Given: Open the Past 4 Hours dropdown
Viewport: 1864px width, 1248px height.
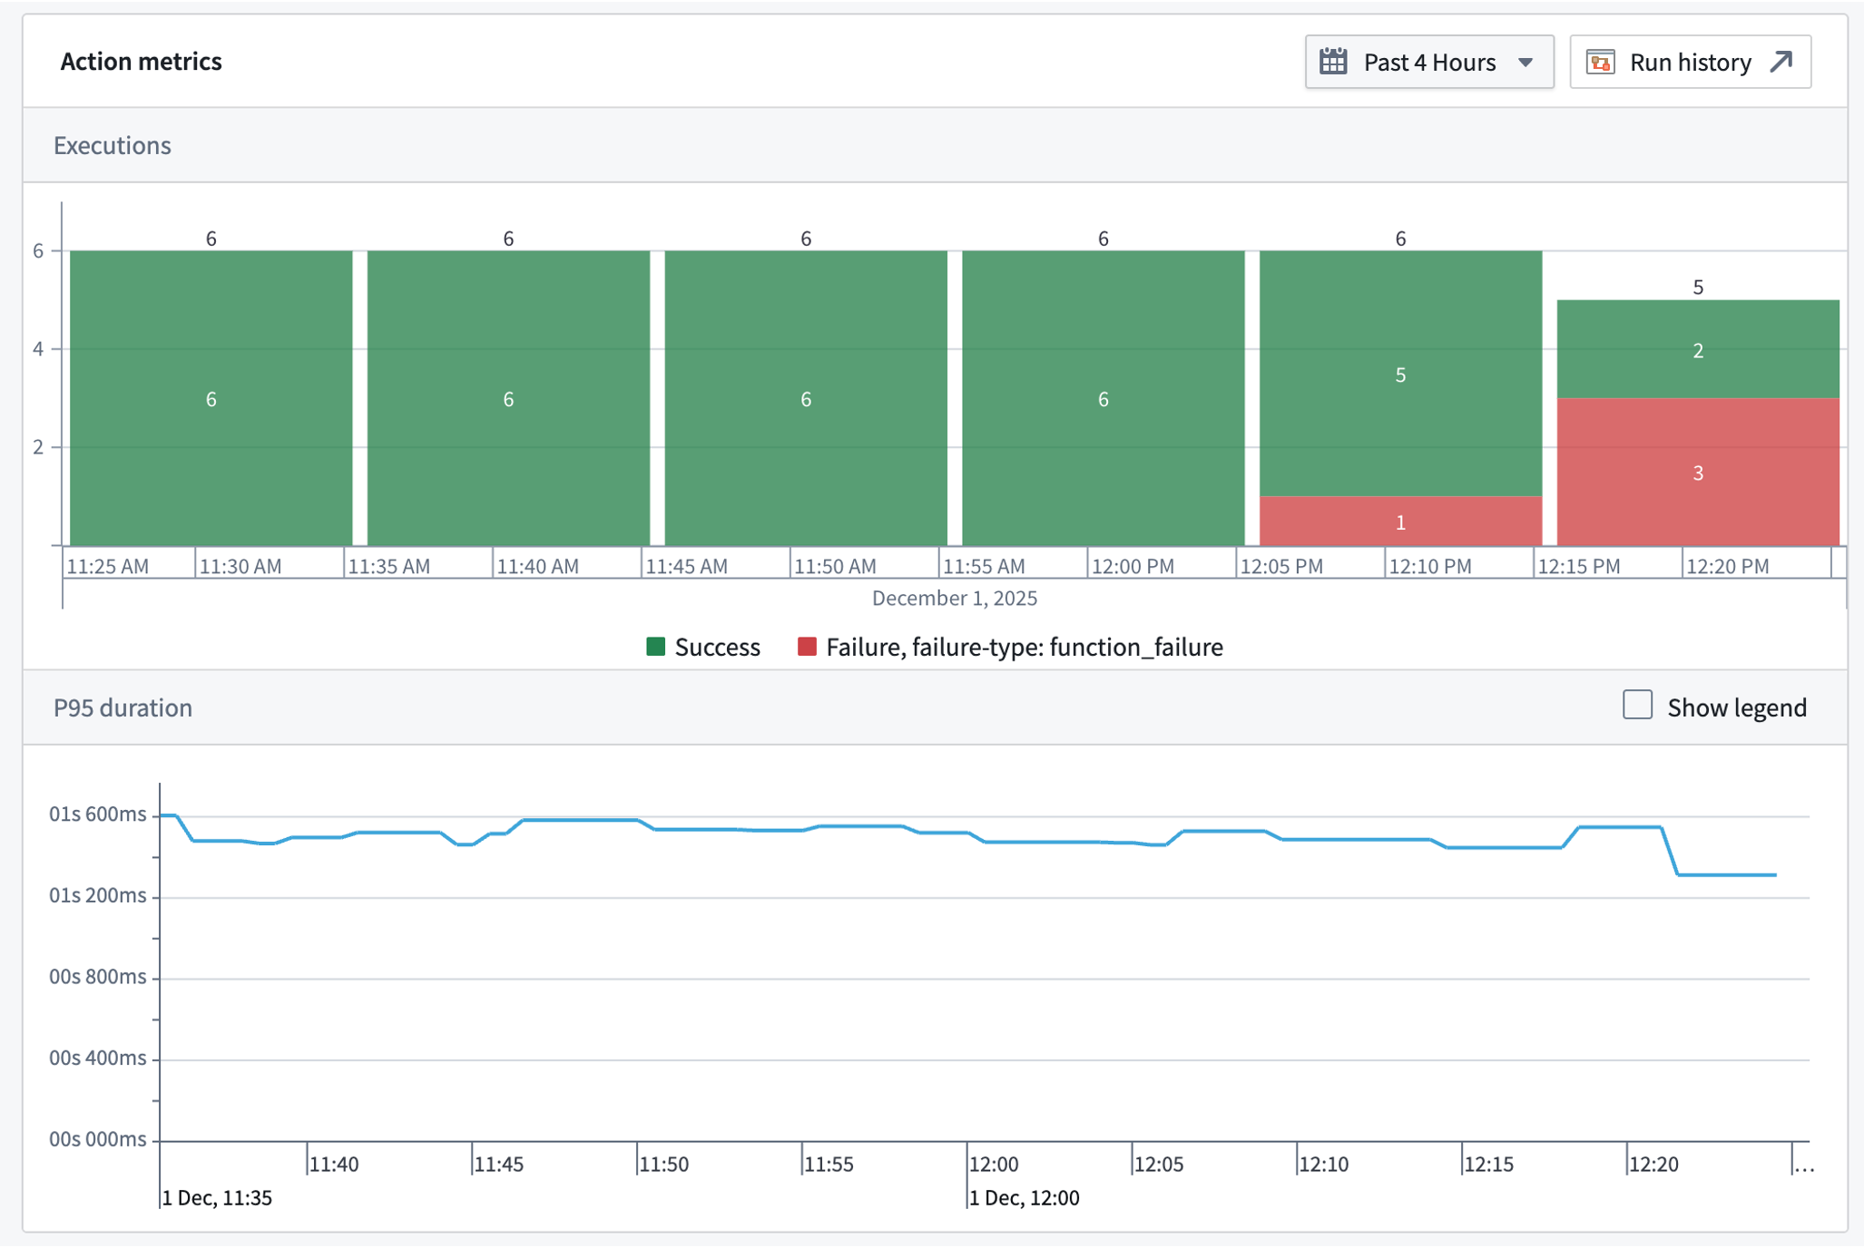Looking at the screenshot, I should click(x=1428, y=62).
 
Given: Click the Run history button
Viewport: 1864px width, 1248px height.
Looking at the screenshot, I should click(x=1690, y=62).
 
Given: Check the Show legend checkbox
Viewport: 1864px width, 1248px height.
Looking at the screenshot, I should click(x=1637, y=705).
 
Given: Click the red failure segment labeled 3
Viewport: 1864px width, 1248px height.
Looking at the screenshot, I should click(x=1697, y=472).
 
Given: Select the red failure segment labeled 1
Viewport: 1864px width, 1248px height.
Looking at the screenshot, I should click(x=1399, y=522).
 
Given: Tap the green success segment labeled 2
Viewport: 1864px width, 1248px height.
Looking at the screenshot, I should click(x=1697, y=350).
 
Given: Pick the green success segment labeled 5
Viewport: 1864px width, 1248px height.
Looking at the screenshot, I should click(x=1399, y=374).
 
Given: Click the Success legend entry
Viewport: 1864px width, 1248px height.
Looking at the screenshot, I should click(x=703, y=647).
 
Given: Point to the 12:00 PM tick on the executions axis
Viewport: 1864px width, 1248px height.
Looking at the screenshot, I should click(x=1132, y=566).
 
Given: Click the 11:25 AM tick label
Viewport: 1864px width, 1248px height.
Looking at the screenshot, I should click(x=108, y=566).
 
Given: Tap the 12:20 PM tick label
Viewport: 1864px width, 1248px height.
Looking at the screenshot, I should click(x=1726, y=566).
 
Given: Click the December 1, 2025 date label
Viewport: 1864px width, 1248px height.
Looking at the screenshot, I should click(x=954, y=598).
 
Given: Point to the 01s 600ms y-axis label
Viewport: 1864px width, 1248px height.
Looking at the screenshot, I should click(x=97, y=814).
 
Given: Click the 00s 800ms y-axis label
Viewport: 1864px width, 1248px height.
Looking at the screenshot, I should click(x=97, y=976).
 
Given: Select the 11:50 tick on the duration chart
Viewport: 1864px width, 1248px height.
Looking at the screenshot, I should click(x=662, y=1164).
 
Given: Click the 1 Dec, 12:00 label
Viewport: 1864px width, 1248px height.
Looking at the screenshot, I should click(x=1024, y=1197).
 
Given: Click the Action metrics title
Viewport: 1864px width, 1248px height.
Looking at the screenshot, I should click(x=141, y=61).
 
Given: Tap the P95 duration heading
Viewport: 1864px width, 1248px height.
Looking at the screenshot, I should click(x=123, y=707).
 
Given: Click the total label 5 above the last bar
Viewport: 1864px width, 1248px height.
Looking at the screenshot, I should click(x=1697, y=288).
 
